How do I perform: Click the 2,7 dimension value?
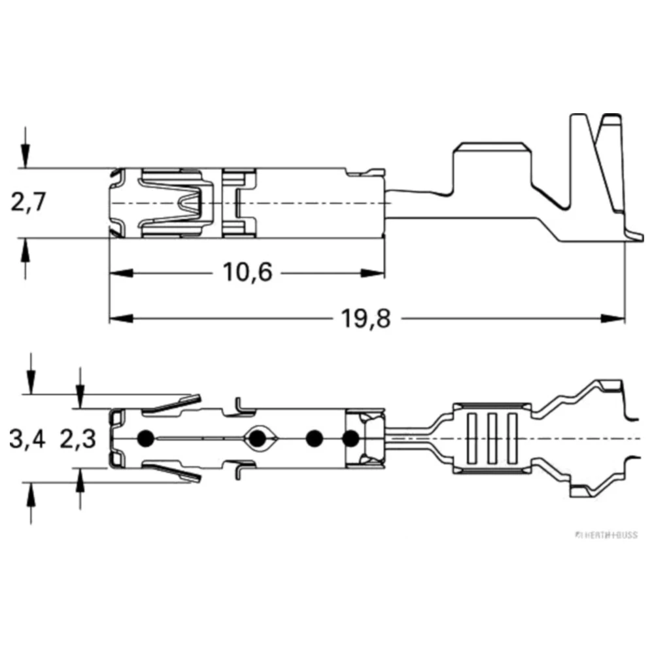tap(27, 203)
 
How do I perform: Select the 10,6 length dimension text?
tap(247, 271)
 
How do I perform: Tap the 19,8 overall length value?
tap(365, 318)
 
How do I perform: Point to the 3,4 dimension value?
tap(27, 439)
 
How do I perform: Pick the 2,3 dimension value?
tap(78, 439)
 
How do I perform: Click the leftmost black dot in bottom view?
tap(145, 438)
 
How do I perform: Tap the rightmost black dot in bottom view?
tap(351, 438)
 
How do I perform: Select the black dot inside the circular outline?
tap(258, 438)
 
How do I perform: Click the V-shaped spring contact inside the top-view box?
tap(194, 203)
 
